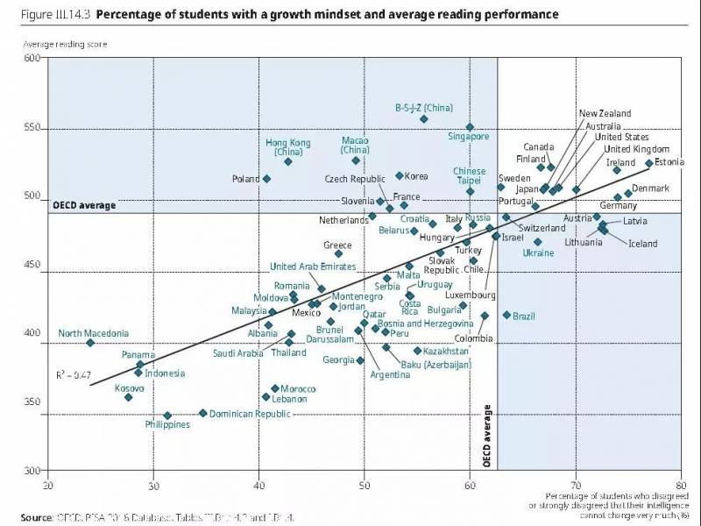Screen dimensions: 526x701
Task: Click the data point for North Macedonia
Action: (90, 343)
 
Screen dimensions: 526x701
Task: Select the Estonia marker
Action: (649, 163)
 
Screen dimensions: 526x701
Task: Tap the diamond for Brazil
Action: (506, 315)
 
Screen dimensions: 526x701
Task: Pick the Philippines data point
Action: (167, 416)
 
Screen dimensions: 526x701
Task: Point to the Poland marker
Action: (266, 179)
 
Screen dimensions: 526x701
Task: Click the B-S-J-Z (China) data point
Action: (423, 118)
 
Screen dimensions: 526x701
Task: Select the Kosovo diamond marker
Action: (128, 397)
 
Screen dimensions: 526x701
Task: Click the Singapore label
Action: (469, 137)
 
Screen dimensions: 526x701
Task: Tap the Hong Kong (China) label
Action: (288, 146)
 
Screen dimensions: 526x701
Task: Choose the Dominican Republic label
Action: (250, 414)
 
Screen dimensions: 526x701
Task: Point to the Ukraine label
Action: (538, 252)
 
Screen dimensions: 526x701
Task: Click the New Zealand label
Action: (605, 114)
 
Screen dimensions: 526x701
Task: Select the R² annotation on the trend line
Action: (74, 374)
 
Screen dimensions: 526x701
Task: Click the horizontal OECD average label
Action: (84, 205)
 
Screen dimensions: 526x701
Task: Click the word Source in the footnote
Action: (38, 517)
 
